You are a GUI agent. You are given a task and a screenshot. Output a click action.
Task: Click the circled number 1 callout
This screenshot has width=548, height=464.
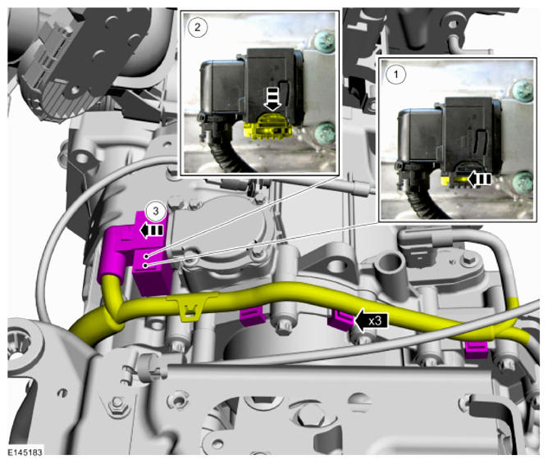[x=396, y=74]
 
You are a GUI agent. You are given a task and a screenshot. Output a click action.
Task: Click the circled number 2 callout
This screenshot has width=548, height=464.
[x=198, y=27]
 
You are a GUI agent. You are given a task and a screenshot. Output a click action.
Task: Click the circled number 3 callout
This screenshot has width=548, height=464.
[x=156, y=211]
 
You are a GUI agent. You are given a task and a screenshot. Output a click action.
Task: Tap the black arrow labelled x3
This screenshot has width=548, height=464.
[x=371, y=320]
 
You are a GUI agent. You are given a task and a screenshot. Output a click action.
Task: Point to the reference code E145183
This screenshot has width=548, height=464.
[x=25, y=453]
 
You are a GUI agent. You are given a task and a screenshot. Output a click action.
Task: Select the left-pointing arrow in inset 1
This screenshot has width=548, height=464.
[x=479, y=179]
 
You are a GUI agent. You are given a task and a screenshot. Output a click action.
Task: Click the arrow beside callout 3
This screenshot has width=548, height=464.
[x=152, y=230]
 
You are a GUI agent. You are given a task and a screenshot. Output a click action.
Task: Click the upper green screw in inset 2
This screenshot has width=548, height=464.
[x=325, y=41]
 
